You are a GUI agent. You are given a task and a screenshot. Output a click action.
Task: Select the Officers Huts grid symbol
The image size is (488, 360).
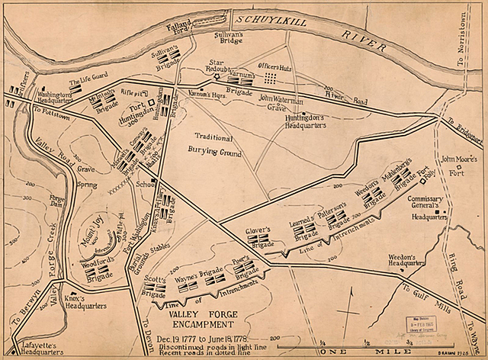271,78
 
